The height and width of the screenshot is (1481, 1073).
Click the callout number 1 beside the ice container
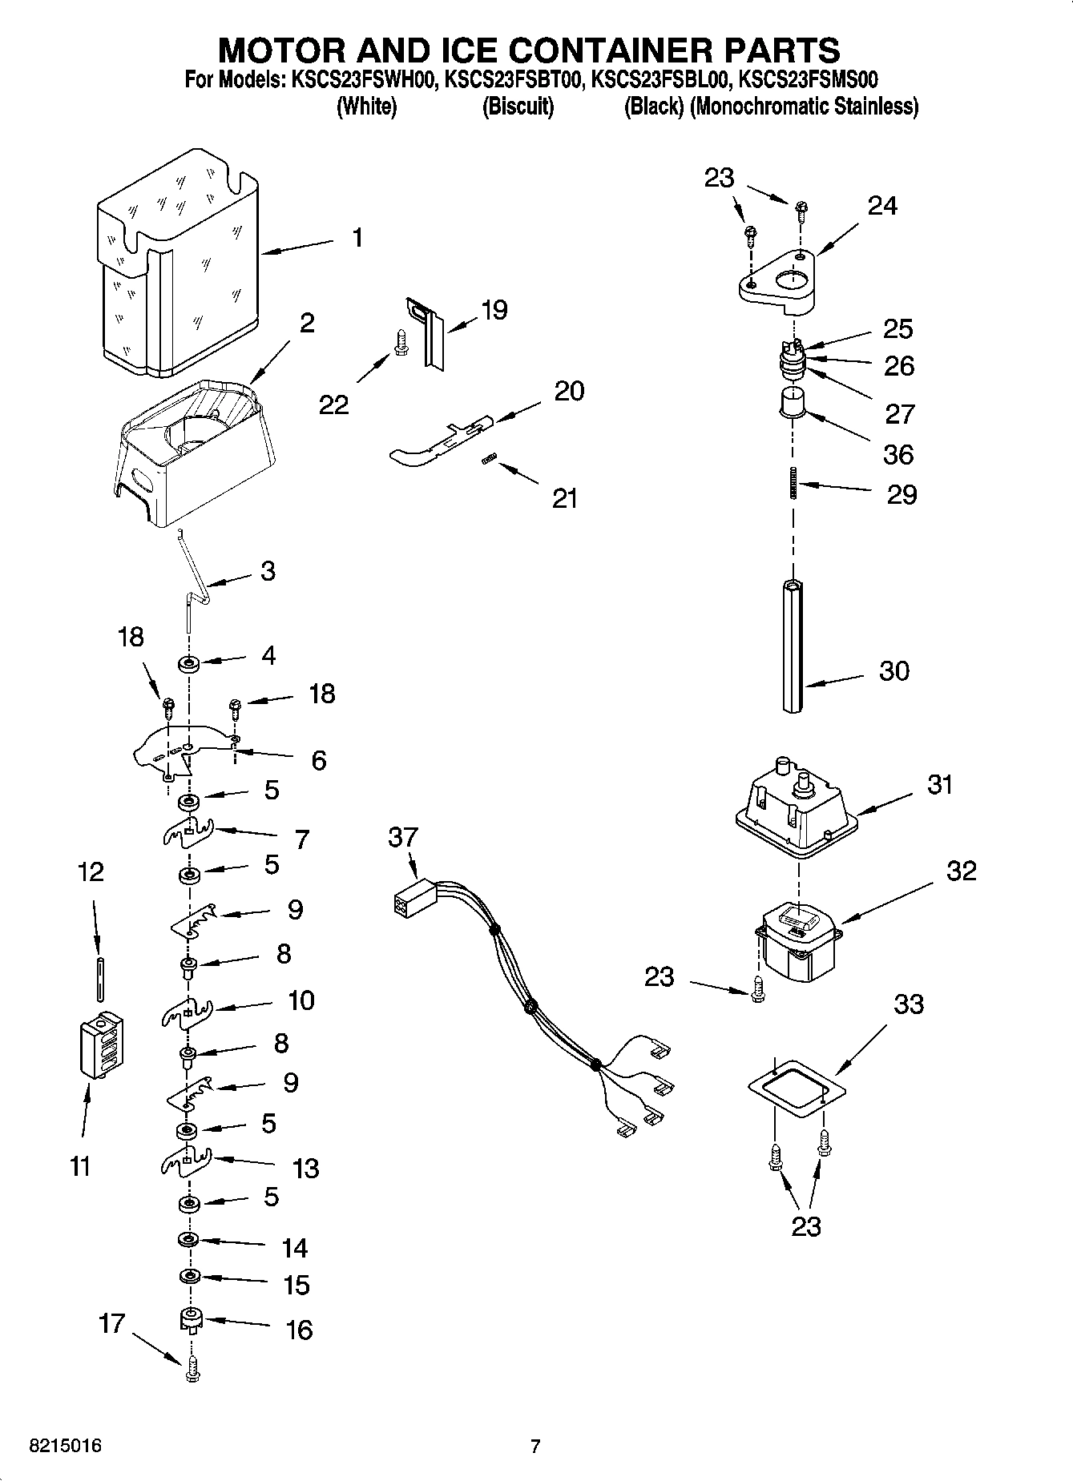[357, 238]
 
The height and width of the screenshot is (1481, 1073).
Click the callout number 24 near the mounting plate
[882, 206]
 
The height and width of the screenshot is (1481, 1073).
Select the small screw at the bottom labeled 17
[191, 1372]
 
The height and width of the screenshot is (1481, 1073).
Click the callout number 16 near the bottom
[298, 1330]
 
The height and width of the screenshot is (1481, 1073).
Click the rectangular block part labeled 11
[101, 1046]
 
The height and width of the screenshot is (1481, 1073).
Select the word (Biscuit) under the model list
[518, 107]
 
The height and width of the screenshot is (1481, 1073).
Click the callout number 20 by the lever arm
[569, 391]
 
